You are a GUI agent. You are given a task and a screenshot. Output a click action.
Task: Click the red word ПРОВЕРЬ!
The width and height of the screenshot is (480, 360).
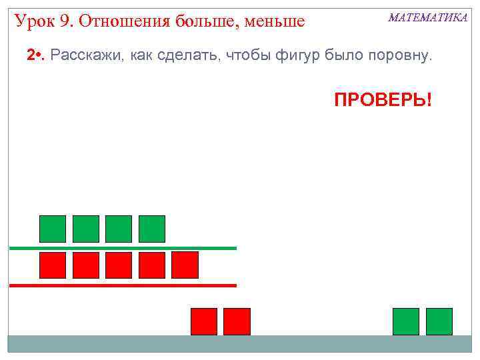click(383, 101)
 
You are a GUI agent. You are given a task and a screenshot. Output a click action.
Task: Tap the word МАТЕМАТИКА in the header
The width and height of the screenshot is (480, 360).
click(428, 18)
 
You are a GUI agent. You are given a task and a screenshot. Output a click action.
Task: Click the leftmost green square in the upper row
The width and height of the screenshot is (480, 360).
click(53, 229)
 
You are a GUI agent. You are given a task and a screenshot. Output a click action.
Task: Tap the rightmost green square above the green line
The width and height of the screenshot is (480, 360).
click(151, 229)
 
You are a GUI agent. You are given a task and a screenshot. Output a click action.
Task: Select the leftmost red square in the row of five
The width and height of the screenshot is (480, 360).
click(53, 265)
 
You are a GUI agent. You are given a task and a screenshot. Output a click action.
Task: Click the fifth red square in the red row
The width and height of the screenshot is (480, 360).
click(185, 265)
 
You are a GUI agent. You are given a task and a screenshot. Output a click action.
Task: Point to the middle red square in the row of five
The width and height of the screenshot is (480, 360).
click(119, 265)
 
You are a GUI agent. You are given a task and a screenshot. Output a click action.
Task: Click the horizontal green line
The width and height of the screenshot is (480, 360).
click(123, 248)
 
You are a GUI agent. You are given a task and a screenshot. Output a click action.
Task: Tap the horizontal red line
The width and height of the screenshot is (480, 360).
click(123, 285)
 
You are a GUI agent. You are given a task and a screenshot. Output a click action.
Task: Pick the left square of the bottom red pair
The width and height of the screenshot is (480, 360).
click(203, 321)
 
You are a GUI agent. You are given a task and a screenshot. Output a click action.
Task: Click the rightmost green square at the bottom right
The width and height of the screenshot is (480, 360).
click(439, 321)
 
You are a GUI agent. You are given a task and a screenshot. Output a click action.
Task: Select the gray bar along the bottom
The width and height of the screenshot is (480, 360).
click(240, 343)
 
